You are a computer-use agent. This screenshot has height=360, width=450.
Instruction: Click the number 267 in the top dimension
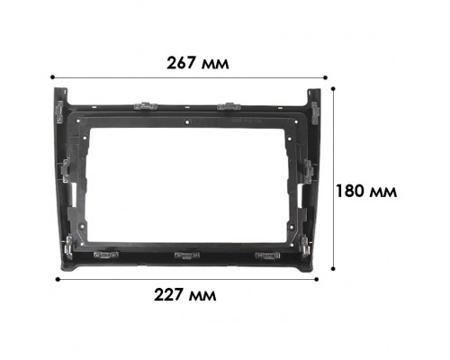[184, 64]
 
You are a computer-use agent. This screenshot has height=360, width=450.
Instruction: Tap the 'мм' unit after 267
[216, 64]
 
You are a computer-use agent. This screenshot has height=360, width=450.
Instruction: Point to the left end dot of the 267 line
[54, 78]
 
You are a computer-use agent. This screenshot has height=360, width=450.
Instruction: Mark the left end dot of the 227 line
[58, 279]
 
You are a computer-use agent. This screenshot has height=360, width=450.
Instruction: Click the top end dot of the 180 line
[334, 88]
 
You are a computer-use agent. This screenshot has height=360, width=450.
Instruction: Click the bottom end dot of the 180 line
[334, 267]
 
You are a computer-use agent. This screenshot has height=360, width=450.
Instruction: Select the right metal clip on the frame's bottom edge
[266, 256]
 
